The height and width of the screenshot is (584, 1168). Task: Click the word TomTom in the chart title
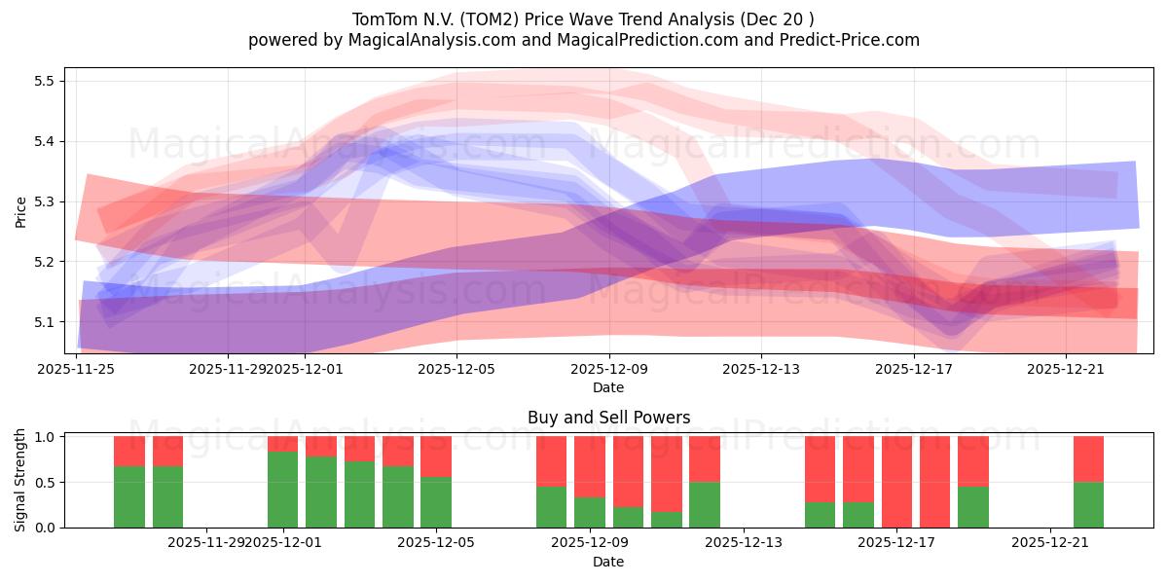[x=382, y=18]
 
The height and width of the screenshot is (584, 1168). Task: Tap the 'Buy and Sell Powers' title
[x=608, y=418]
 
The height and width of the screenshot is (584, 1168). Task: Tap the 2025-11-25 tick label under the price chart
[x=76, y=369]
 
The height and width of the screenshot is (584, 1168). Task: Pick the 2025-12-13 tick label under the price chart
[x=761, y=369]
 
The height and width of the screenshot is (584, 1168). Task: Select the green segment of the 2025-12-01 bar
[x=282, y=490]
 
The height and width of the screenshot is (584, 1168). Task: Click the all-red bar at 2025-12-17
[x=896, y=482]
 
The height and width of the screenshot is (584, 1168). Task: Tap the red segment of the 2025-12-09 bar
[x=589, y=467]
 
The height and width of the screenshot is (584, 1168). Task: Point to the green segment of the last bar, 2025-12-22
[x=1088, y=505]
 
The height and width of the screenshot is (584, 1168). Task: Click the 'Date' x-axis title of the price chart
[x=608, y=387]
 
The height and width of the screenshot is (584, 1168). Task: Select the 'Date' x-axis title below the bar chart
[x=608, y=562]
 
